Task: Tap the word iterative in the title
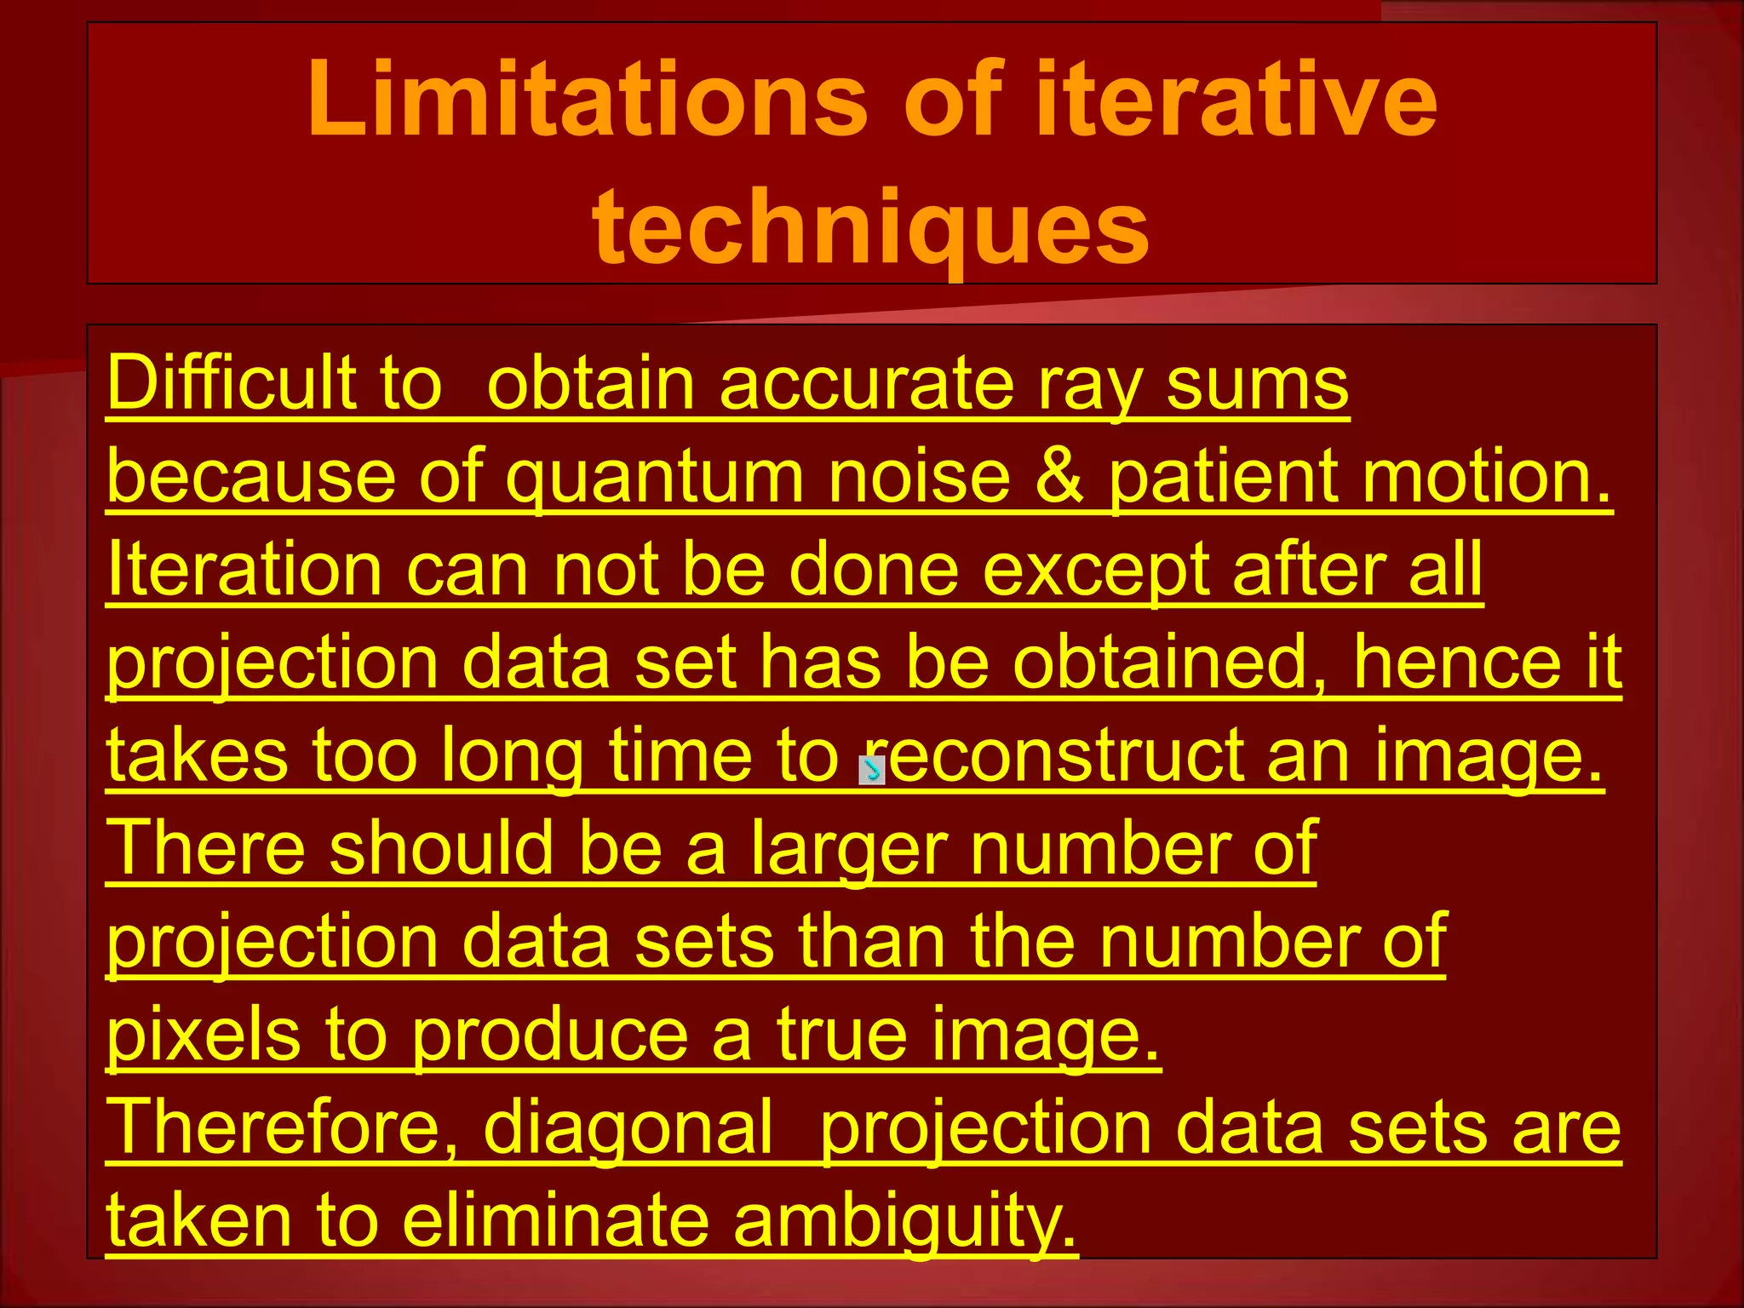(x=1236, y=100)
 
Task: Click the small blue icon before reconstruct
(x=872, y=770)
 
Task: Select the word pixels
(x=204, y=1035)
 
